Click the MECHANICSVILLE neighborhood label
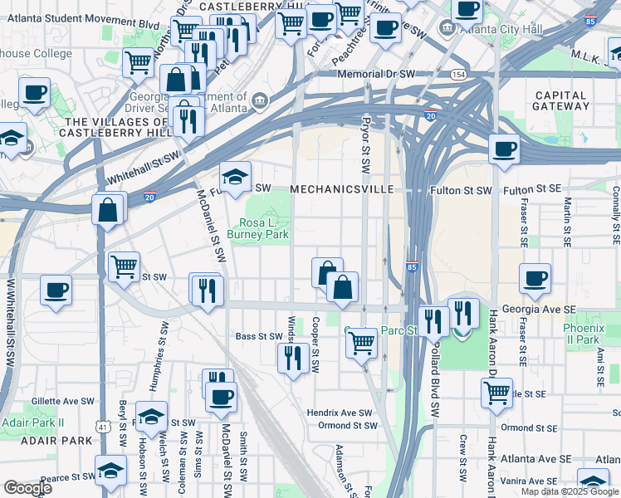(x=341, y=190)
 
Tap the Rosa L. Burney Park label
(x=264, y=229)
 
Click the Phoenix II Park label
(x=583, y=334)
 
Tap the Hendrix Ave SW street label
(x=340, y=413)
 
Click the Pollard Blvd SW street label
(x=433, y=370)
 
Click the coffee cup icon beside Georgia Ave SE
(x=535, y=278)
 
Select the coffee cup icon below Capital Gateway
(x=504, y=149)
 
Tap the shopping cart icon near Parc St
(x=361, y=341)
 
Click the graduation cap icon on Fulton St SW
(x=236, y=176)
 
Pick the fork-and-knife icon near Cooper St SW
(x=292, y=358)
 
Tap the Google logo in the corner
(x=27, y=488)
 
